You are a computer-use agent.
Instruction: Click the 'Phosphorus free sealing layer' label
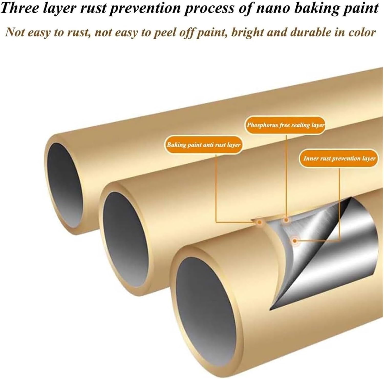click(x=285, y=125)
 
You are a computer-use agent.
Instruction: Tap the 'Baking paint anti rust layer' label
click(x=204, y=145)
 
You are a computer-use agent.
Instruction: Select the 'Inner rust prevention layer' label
click(x=339, y=158)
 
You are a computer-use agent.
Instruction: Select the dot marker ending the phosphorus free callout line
click(x=286, y=220)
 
